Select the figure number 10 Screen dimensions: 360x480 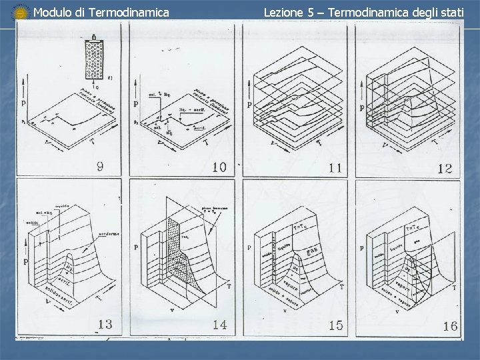219,167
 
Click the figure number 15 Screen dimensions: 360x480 335,325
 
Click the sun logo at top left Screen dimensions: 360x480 21,12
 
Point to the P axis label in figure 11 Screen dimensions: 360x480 249,105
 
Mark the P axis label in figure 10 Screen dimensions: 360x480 135,104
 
